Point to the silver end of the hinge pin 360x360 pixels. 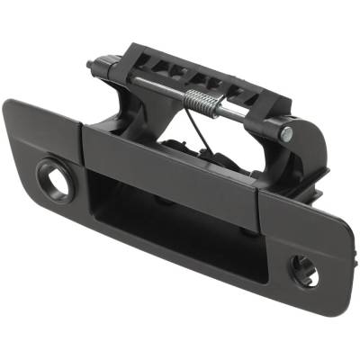tap(285, 133)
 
